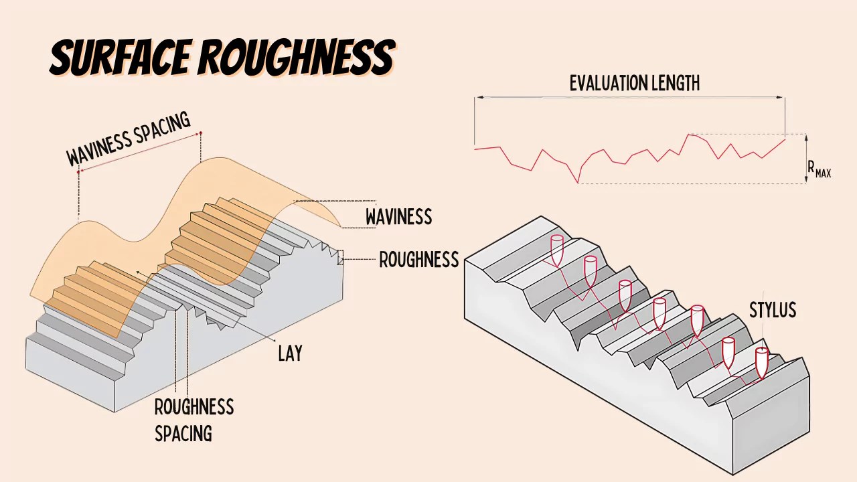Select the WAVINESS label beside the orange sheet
(x=398, y=217)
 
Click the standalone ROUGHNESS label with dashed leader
(x=418, y=260)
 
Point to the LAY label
(x=290, y=353)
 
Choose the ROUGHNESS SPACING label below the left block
(x=193, y=420)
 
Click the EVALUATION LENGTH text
(x=634, y=83)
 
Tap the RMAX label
(x=819, y=169)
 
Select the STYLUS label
(x=772, y=310)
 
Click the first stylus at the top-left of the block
(x=557, y=249)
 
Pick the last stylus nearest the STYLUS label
(x=761, y=361)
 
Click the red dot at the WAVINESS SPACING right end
(x=200, y=133)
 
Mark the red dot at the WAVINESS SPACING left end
(x=78, y=171)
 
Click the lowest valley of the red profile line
(x=578, y=182)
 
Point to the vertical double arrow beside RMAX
(x=805, y=159)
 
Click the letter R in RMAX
(x=811, y=167)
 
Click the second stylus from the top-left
(x=590, y=268)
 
